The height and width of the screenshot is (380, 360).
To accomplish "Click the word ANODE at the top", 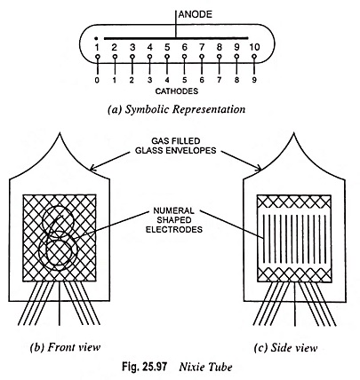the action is [196, 14].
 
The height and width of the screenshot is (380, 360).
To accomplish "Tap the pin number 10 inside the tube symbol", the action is [254, 47].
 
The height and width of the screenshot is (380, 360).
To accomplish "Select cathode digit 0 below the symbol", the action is [97, 80].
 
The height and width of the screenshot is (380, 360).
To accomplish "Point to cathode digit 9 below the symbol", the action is [254, 80].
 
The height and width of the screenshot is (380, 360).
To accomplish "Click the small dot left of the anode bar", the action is [96, 38].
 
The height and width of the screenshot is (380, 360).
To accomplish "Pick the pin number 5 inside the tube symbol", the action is [167, 47].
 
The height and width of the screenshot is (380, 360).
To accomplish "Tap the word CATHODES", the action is [177, 91].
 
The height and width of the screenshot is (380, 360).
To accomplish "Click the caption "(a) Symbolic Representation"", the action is [177, 110].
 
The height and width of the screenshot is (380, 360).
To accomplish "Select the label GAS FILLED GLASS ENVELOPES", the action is [176, 146].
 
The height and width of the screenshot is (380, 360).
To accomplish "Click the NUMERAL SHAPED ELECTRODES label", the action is [174, 220].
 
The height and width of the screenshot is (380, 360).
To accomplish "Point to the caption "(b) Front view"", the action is [65, 347].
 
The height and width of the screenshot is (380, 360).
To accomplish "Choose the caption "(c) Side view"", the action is [285, 348].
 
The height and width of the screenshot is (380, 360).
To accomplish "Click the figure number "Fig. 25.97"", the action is [144, 367].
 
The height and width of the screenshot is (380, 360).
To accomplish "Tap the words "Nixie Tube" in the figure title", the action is [205, 368].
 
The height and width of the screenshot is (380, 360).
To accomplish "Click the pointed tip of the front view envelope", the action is [60, 134].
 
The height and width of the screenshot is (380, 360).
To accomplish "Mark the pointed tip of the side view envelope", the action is [293, 134].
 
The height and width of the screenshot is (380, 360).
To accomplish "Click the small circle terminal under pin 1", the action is [97, 57].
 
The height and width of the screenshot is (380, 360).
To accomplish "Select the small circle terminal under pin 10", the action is [254, 57].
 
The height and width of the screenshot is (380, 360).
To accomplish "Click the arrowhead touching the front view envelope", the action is [92, 168].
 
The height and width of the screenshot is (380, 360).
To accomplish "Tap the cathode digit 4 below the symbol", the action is [167, 80].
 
